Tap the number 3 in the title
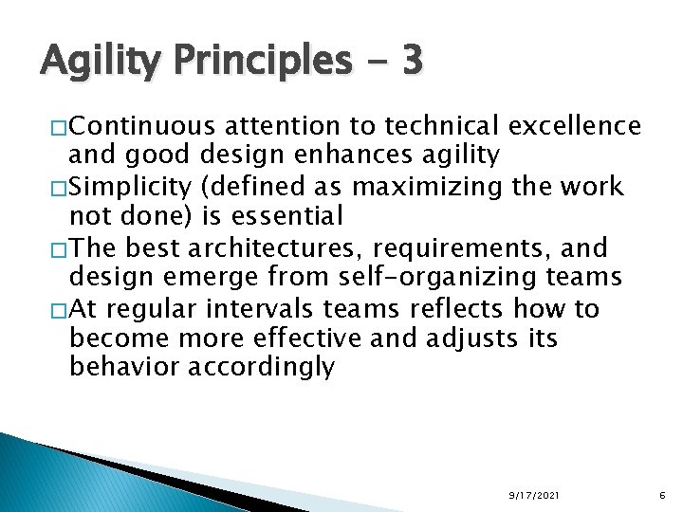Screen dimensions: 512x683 [x=411, y=62]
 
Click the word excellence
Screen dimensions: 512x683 [x=575, y=126]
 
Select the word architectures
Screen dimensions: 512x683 [x=275, y=247]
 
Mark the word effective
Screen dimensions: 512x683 [x=309, y=338]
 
